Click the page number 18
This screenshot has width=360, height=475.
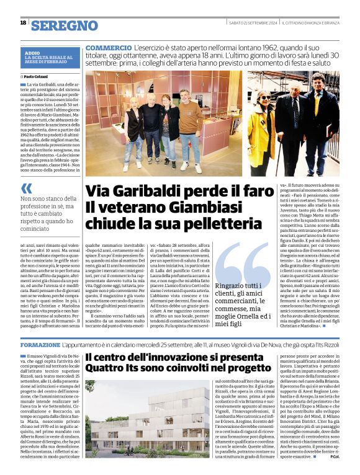coord(23,23)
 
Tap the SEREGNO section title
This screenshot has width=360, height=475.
coord(65,25)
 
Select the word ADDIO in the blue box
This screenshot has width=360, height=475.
coord(32,53)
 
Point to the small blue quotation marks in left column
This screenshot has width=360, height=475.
coord(26,188)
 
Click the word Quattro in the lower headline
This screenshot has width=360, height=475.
coord(109,373)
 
